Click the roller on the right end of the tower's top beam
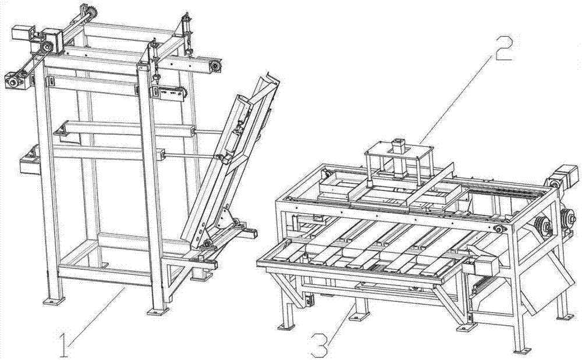coord(216,68)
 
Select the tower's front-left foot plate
coord(54,302)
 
